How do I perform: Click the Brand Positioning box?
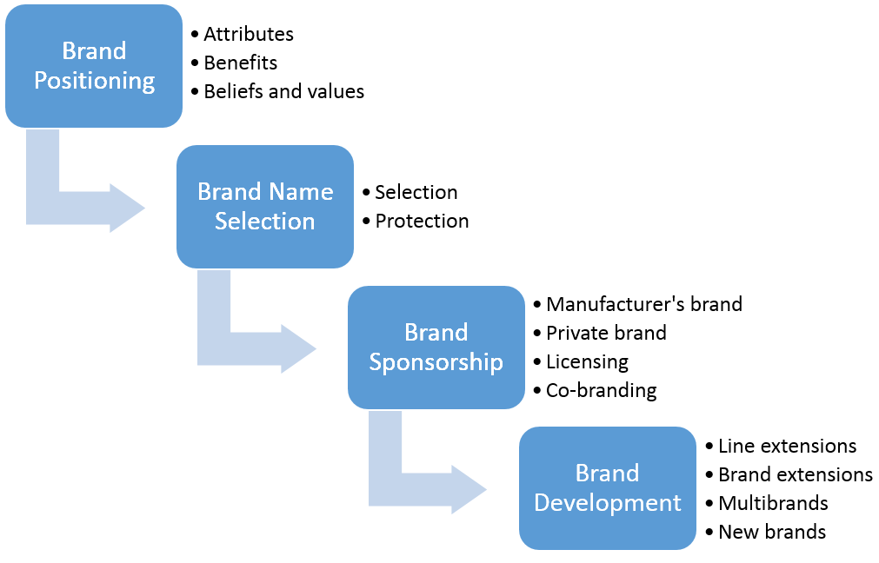(93, 66)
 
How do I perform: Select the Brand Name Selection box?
(265, 206)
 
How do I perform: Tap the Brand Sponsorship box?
(436, 347)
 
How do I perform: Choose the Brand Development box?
(608, 487)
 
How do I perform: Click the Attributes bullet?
(248, 35)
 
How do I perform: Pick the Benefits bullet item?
(240, 63)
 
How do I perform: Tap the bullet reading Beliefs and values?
(283, 91)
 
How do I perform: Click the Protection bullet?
(422, 221)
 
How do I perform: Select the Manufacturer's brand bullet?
(643, 304)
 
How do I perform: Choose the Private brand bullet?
(606, 333)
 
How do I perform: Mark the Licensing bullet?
(587, 361)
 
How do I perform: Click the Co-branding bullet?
(601, 390)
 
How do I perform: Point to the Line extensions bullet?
(787, 446)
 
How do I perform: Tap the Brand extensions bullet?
(795, 474)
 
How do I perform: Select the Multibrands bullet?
(773, 503)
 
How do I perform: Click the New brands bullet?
(771, 532)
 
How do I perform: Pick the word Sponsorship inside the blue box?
(436, 361)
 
